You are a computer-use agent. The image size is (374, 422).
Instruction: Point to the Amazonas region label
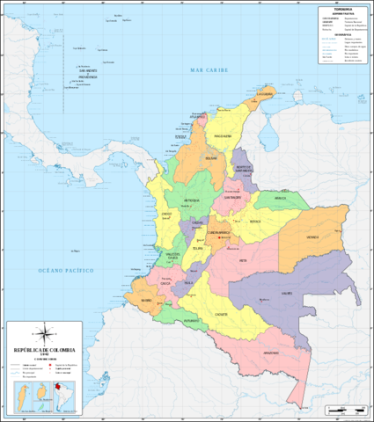click(x=272, y=352)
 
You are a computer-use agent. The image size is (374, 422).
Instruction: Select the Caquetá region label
click(x=222, y=314)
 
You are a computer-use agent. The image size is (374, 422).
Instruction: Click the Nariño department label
click(x=146, y=301)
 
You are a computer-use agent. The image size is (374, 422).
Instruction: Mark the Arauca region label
click(x=281, y=199)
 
